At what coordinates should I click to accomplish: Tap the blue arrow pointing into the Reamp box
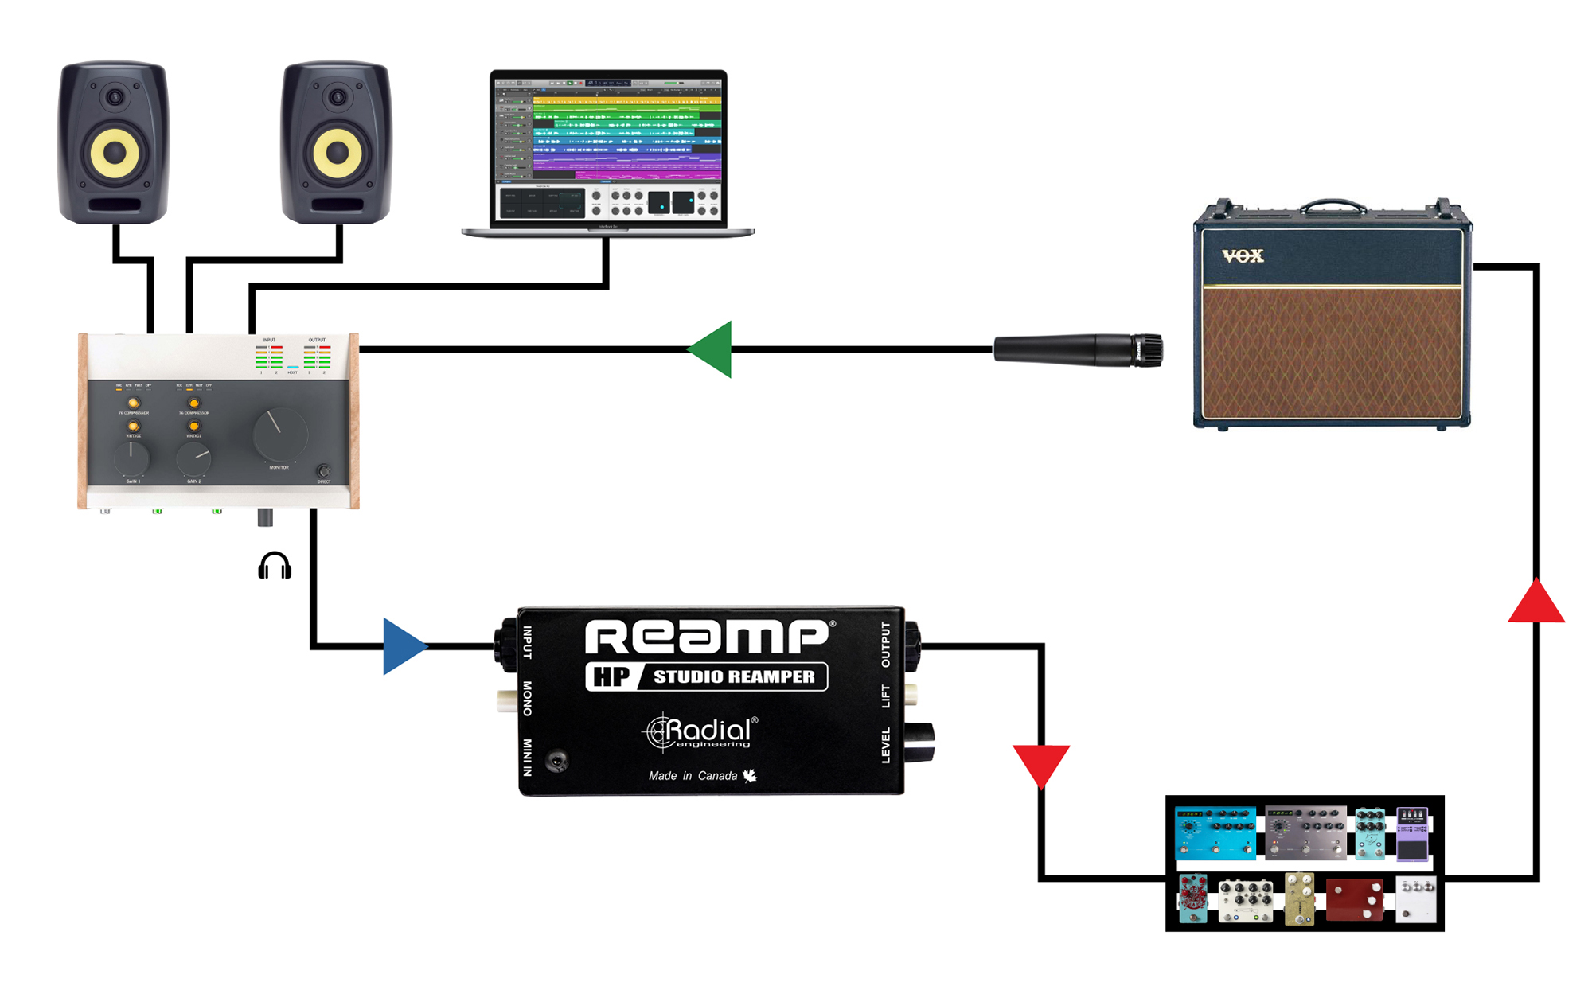pyautogui.click(x=402, y=646)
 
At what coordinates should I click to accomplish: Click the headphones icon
pyautogui.click(x=275, y=566)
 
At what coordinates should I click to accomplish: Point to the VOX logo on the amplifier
pyautogui.click(x=1243, y=255)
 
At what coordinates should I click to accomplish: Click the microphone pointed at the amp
pyautogui.click(x=1078, y=350)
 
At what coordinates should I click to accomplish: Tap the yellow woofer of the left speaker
pyautogui.click(x=115, y=152)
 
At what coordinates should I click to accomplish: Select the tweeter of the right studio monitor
pyautogui.click(x=338, y=98)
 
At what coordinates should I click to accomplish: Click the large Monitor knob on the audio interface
pyautogui.click(x=280, y=435)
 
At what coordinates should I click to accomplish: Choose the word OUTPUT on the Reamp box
pyautogui.click(x=886, y=645)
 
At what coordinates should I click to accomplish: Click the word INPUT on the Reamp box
pyautogui.click(x=527, y=642)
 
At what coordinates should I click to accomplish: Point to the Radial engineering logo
pyautogui.click(x=700, y=732)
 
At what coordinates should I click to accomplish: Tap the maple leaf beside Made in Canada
pyautogui.click(x=750, y=775)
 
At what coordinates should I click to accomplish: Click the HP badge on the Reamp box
pyautogui.click(x=611, y=676)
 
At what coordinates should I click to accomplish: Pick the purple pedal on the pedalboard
pyautogui.click(x=1412, y=835)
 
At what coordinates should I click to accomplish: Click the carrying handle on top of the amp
pyautogui.click(x=1333, y=205)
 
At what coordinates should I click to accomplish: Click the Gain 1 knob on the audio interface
pyautogui.click(x=131, y=458)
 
